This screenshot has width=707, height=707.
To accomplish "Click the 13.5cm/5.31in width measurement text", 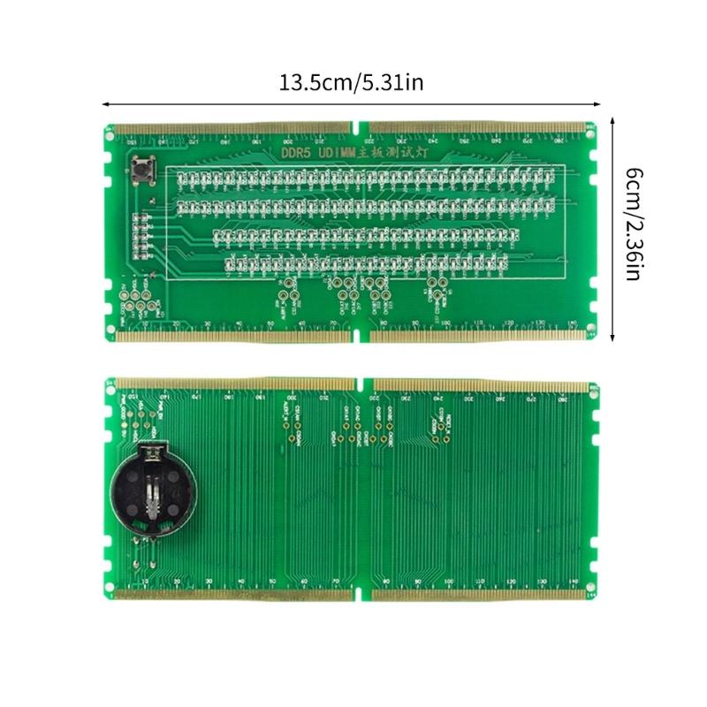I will click(352, 84).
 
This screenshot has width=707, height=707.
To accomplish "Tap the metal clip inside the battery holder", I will click(152, 495).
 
